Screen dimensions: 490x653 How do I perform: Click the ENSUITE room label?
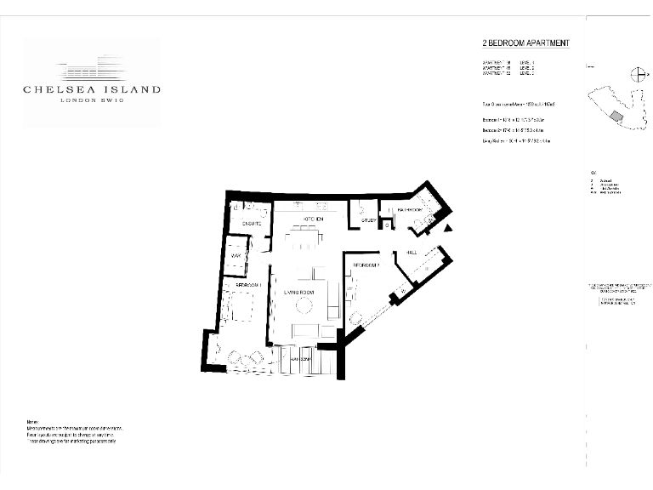[x=250, y=224]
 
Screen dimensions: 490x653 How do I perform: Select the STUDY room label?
[x=368, y=221]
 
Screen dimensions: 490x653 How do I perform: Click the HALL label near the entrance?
[x=411, y=253]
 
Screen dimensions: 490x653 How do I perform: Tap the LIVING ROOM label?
[x=299, y=293]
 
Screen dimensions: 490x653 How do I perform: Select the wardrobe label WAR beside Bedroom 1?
[x=236, y=249]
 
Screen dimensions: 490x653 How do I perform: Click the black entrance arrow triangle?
[x=449, y=227]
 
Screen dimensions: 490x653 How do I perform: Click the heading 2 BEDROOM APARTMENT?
[x=525, y=43]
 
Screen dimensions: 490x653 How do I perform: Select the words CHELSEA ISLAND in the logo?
[x=92, y=89]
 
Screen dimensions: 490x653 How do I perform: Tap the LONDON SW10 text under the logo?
[x=92, y=101]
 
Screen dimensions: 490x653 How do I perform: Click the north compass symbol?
[x=635, y=74]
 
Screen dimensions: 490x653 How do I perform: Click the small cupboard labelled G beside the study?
[x=383, y=225]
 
